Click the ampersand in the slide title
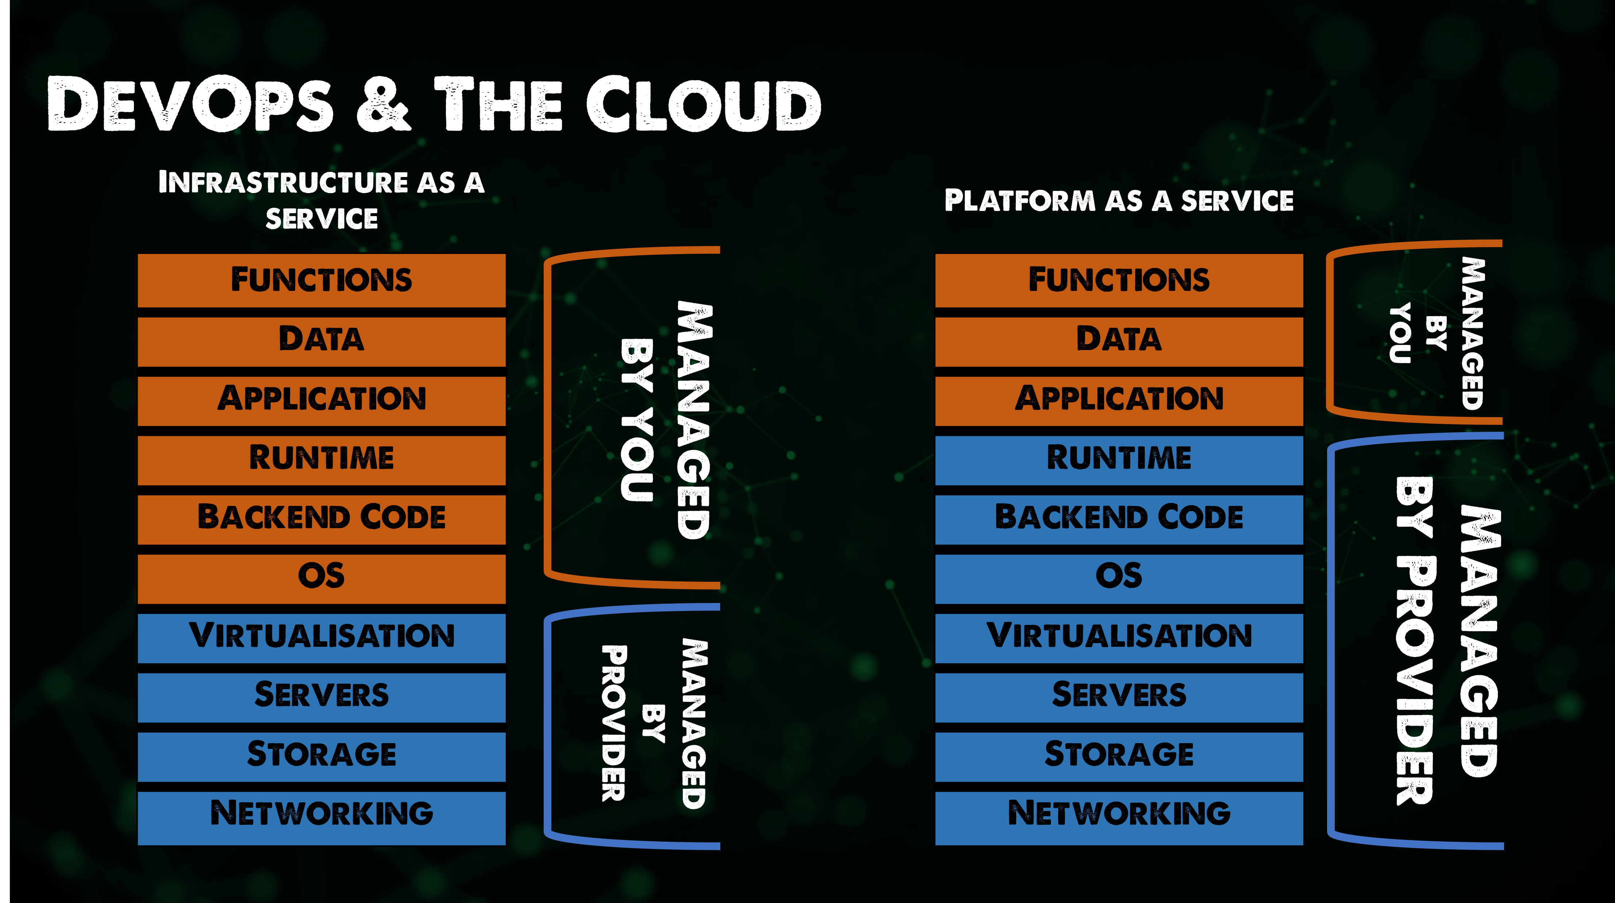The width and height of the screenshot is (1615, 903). [384, 104]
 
